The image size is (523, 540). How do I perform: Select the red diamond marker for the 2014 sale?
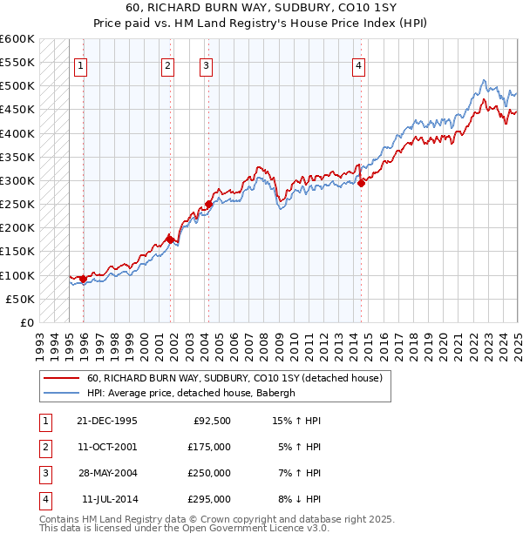(x=361, y=182)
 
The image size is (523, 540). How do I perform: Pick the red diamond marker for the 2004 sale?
(x=208, y=205)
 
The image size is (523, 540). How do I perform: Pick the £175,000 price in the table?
(x=209, y=447)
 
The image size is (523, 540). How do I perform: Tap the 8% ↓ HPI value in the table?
(x=299, y=499)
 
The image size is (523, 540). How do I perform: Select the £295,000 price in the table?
(x=209, y=499)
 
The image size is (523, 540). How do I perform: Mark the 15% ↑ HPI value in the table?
(x=297, y=421)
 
